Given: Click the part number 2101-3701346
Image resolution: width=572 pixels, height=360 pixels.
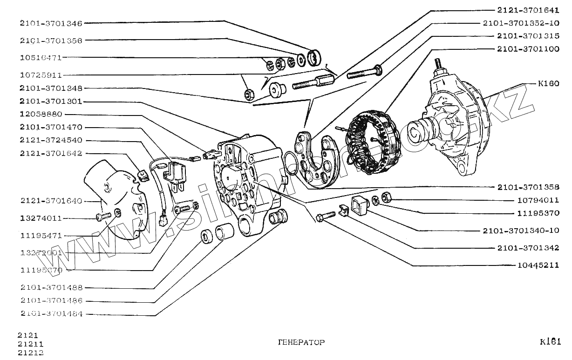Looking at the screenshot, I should [51, 23].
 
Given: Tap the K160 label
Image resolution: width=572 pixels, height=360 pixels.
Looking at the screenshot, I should [548, 84].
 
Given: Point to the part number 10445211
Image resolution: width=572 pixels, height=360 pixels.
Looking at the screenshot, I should [538, 265].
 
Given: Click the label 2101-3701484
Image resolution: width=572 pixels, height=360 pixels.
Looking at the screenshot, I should [51, 314].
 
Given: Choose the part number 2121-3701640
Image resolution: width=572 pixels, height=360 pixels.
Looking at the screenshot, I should [51, 201].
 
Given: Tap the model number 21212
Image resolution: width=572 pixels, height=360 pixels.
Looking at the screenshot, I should [31, 353].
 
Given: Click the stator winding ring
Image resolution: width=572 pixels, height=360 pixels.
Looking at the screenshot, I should [372, 141].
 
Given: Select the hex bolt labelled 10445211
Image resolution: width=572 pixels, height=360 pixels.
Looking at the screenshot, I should [325, 216].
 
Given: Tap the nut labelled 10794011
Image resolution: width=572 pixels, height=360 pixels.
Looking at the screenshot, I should [386, 197].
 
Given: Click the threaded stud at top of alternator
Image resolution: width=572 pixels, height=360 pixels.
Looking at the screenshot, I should [438, 64].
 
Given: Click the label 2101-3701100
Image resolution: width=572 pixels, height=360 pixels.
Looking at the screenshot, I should [528, 48].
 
